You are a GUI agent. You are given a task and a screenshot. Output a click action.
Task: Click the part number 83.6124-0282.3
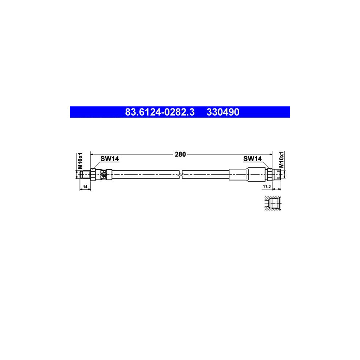click(x=160, y=112)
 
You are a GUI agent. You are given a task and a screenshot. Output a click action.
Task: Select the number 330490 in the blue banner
click(x=223, y=112)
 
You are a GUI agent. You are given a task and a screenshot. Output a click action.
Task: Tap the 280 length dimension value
click(x=181, y=155)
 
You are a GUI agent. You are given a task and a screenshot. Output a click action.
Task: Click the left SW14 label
click(x=110, y=159)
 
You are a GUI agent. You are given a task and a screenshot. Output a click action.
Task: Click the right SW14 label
click(x=252, y=159)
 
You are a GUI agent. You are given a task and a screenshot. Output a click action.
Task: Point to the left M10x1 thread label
click(x=80, y=160)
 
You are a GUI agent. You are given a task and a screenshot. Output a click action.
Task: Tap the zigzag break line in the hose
click(x=182, y=174)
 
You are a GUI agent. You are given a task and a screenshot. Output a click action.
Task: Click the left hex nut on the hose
click(x=93, y=174)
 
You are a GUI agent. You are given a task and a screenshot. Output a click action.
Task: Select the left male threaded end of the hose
click(x=85, y=174)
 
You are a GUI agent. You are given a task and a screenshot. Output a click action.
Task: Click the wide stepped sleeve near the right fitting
click(x=256, y=174)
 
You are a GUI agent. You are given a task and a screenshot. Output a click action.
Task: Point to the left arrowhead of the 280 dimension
click(x=92, y=154)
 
